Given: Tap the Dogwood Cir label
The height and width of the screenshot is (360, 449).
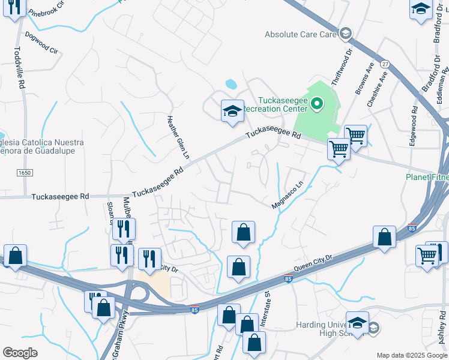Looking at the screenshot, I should pyautogui.click(x=41, y=43).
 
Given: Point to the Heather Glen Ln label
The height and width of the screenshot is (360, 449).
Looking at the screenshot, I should pyautogui.click(x=178, y=137).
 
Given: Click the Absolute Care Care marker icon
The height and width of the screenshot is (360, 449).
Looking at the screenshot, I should pyautogui.click(x=345, y=34).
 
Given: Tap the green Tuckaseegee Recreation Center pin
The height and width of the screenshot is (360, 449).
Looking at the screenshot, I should pyautogui.click(x=317, y=105).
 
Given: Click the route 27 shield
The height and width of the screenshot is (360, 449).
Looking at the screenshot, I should pyautogui.click(x=385, y=64).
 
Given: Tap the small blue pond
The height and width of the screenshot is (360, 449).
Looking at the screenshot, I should pyautogui.click(x=231, y=83).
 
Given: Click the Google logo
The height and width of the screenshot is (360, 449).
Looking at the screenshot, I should pyautogui.click(x=20, y=353).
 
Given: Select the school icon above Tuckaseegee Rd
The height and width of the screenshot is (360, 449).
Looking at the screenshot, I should pyautogui.click(x=232, y=112).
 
